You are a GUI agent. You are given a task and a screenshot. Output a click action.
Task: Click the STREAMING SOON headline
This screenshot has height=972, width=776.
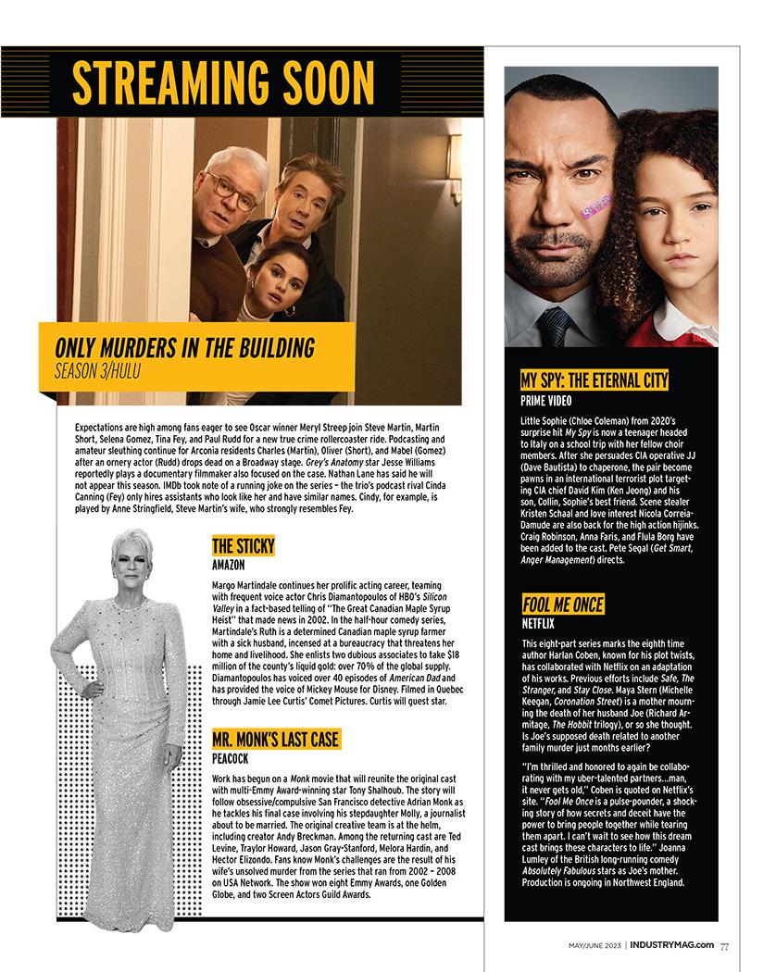click(223, 82)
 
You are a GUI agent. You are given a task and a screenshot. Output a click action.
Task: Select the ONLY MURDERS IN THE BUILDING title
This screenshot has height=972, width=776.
click(184, 348)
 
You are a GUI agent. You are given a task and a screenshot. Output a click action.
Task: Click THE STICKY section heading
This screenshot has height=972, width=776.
click(243, 545)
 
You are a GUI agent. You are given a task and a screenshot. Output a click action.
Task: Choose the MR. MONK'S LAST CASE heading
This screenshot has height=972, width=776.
click(275, 739)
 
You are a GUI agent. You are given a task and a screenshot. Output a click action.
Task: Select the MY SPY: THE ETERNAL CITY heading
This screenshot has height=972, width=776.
click(594, 380)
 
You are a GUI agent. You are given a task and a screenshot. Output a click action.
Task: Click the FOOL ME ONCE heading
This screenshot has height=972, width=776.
click(562, 605)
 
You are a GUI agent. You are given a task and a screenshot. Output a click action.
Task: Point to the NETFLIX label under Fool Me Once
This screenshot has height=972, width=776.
click(539, 625)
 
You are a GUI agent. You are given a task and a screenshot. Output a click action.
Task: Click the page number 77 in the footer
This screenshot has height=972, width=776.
click(724, 945)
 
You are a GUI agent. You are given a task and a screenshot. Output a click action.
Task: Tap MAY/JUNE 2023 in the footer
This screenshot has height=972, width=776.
click(595, 945)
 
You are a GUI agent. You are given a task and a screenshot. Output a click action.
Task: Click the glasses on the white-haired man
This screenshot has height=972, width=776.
click(232, 192)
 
